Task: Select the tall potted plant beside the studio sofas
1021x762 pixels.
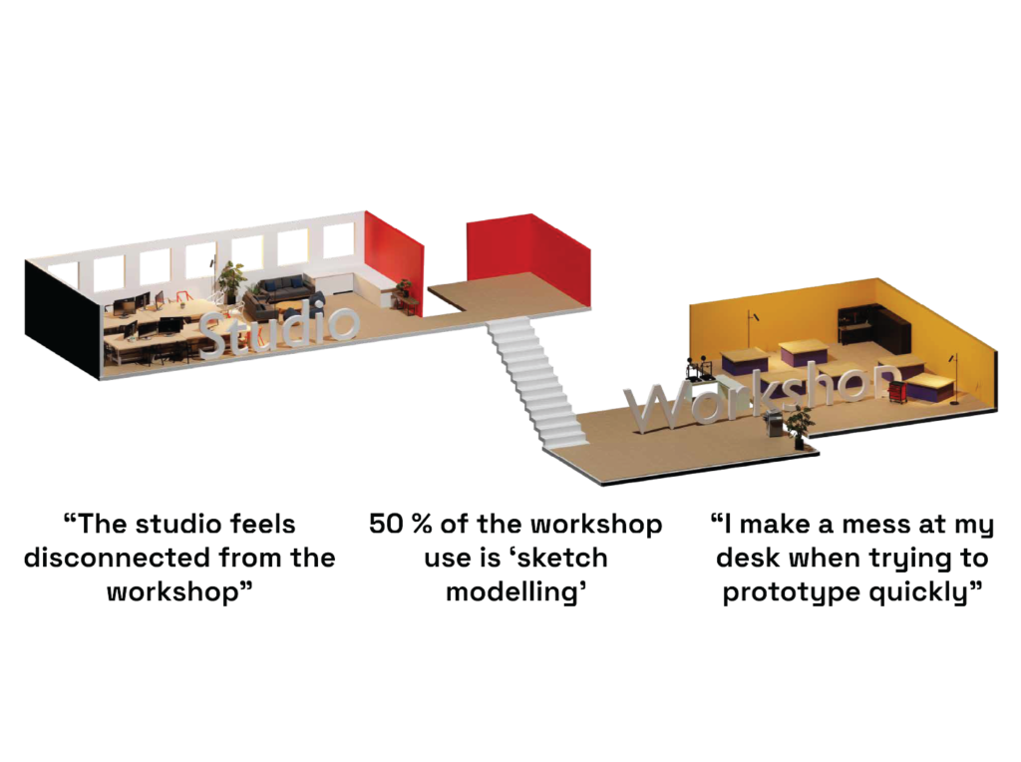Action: [x=231, y=280]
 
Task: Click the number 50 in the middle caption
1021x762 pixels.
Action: [x=386, y=525]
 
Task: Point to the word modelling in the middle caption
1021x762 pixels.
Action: [x=515, y=593]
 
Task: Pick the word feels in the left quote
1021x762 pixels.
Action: [x=263, y=525]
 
